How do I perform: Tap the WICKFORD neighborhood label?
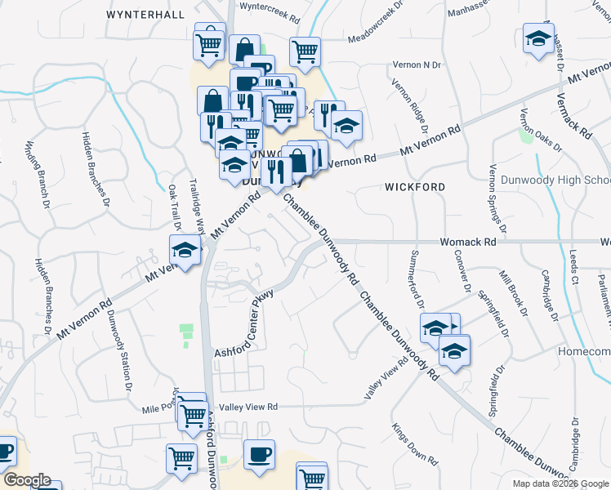click(x=415, y=187)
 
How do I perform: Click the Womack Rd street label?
click(x=468, y=243)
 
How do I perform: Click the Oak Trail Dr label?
click(x=174, y=207)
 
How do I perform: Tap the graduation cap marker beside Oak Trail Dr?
click(x=185, y=250)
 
